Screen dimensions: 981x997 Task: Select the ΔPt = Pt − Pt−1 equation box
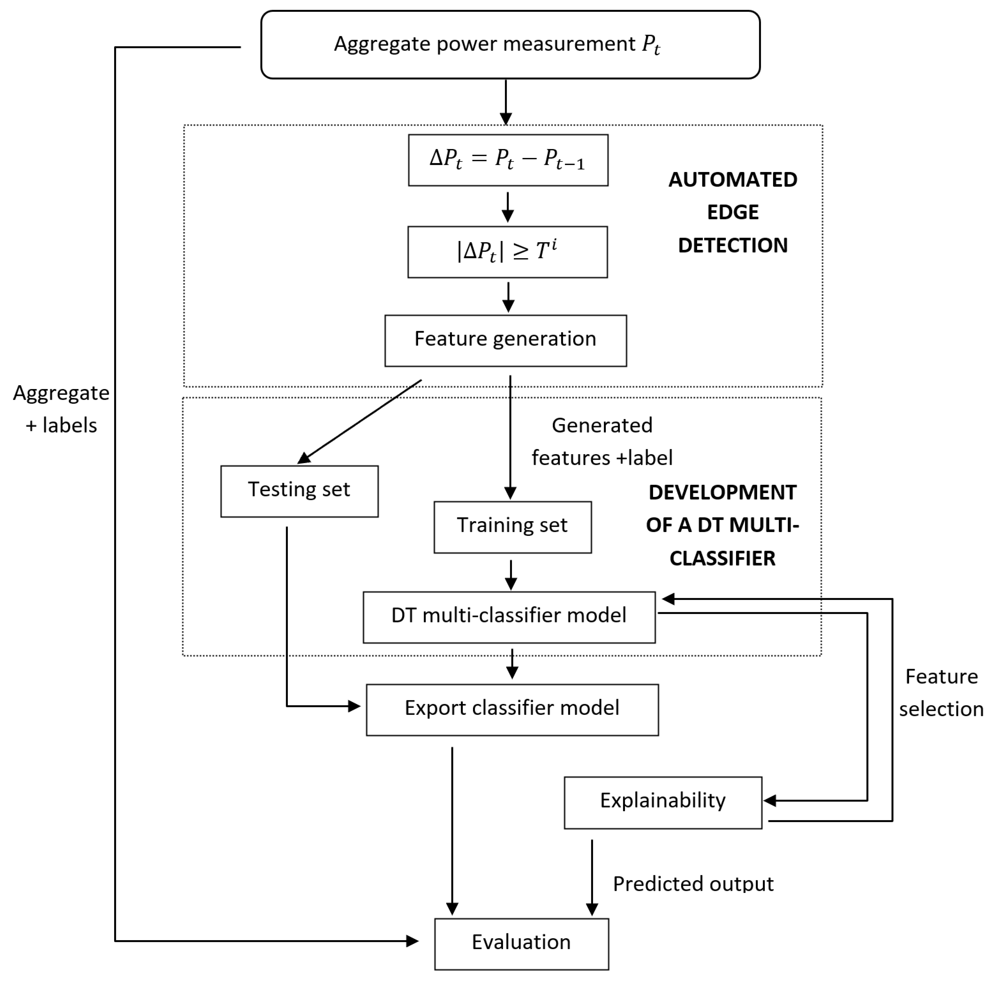click(508, 160)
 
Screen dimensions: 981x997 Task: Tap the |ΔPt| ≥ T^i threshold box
click(507, 252)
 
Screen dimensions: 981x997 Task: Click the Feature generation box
click(505, 341)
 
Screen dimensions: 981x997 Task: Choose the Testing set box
click(299, 491)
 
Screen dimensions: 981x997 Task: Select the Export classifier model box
click(512, 709)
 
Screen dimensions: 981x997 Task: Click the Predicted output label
click(693, 884)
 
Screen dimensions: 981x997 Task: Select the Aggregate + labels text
click(61, 409)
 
